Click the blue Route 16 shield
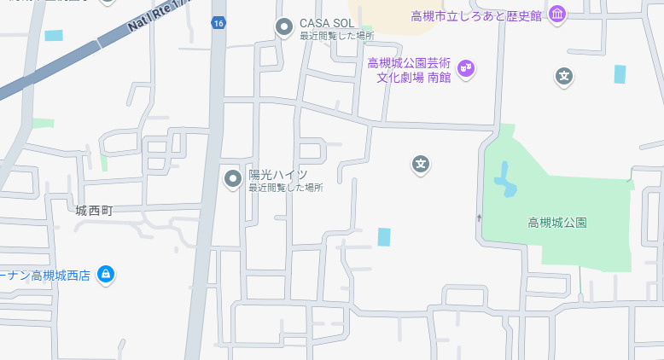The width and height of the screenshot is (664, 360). (x=219, y=23)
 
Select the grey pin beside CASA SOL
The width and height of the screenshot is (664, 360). (x=284, y=27)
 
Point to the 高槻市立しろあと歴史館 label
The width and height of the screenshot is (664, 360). (x=476, y=15)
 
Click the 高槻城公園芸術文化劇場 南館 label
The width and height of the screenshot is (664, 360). (x=410, y=69)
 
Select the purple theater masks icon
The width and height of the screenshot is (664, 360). (x=466, y=67)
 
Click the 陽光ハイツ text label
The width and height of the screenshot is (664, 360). (x=277, y=174)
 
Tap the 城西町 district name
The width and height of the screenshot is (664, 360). (x=94, y=210)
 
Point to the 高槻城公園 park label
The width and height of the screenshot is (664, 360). (x=557, y=223)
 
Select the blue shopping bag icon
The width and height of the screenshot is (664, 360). (x=105, y=275)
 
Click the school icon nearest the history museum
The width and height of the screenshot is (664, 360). (x=563, y=77)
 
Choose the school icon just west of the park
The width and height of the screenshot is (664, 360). (x=420, y=163)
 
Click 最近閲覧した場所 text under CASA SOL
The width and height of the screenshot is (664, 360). (x=336, y=36)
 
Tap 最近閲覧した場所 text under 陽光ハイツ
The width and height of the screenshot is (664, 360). (x=285, y=188)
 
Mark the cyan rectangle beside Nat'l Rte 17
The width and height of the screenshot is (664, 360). (x=54, y=36)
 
